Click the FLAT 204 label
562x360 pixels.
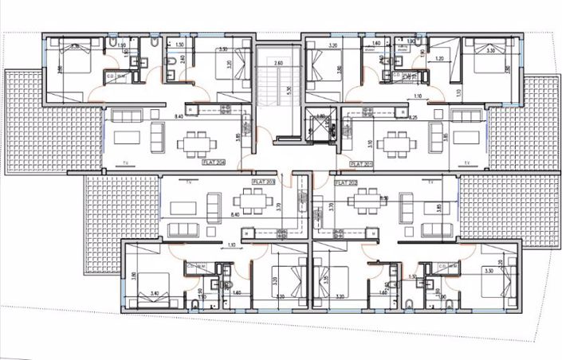(214, 162)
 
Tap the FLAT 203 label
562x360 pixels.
(262, 182)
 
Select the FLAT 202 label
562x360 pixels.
(348, 182)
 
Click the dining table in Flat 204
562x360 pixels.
(197, 143)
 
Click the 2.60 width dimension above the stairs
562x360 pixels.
(278, 62)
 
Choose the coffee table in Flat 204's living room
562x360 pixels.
(127, 138)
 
